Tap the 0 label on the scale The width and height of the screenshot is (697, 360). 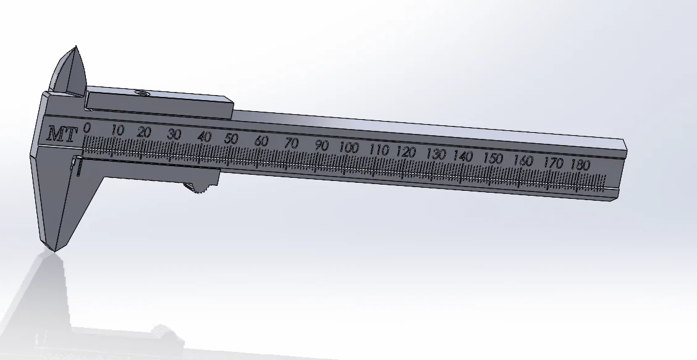(x=87, y=127)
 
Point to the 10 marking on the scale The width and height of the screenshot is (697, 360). (x=117, y=130)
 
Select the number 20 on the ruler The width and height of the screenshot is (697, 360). (x=145, y=132)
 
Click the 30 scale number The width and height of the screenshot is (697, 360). (x=175, y=135)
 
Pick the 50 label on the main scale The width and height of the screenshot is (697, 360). (x=231, y=138)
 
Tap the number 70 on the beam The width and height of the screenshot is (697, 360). (x=291, y=143)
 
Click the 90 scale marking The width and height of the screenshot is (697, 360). (x=321, y=146)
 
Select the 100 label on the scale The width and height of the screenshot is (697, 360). (x=349, y=148)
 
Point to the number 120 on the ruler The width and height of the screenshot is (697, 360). (x=406, y=151)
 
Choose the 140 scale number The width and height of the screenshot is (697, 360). (x=463, y=156)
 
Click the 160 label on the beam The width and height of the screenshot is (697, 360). (x=523, y=161)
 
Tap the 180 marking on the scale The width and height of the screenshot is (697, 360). (x=581, y=165)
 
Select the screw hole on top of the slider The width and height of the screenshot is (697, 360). (x=141, y=94)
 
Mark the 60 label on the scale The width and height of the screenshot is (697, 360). (x=261, y=141)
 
